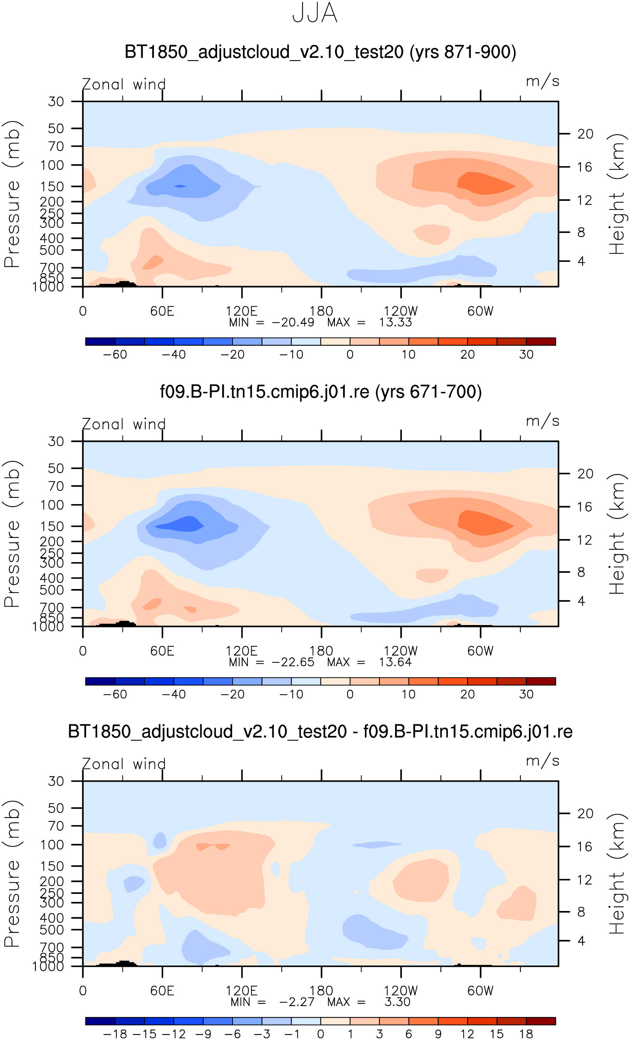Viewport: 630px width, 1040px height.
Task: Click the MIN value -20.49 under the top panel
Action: (293, 322)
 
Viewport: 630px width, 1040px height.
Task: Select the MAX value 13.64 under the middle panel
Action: (395, 662)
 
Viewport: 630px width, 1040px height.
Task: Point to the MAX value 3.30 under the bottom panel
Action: (397, 1002)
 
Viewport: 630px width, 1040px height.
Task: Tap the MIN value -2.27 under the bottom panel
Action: (296, 1002)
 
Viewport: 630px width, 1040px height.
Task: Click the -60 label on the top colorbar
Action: (115, 354)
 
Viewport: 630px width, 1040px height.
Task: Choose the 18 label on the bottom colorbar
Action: (526, 1034)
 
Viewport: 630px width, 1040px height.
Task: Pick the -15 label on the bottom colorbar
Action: (144, 1034)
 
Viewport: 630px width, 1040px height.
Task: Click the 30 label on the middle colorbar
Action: (526, 694)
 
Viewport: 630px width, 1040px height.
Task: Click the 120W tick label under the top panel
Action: (400, 311)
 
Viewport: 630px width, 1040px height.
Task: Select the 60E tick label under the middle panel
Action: (162, 651)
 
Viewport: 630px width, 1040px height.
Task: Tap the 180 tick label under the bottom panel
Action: (321, 991)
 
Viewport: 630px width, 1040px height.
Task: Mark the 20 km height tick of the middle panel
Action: (585, 474)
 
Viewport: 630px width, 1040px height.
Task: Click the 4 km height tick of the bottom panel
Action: (581, 941)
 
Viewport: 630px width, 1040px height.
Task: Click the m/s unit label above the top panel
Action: (543, 81)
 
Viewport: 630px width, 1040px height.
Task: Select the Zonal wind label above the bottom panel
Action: (124, 764)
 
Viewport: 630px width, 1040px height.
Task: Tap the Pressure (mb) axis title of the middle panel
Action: (12, 533)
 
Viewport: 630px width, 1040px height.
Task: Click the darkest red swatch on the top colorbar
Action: (541, 342)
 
